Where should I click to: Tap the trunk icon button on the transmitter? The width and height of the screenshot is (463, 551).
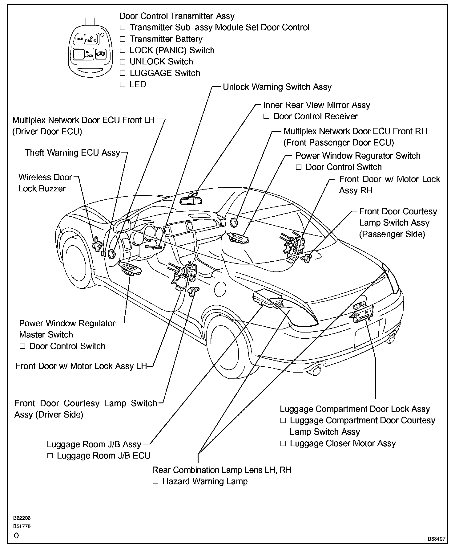(x=100, y=54)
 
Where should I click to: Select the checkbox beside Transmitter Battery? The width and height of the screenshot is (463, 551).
(x=123, y=39)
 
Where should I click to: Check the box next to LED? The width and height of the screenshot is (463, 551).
(x=123, y=85)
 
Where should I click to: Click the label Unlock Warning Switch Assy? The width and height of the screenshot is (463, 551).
(x=277, y=87)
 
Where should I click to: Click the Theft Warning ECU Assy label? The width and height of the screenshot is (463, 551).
(x=72, y=153)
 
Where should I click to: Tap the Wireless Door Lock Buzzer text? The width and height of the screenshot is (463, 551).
(x=45, y=183)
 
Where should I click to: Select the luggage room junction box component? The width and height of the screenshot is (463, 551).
(x=267, y=299)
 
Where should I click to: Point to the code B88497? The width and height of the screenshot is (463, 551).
(x=436, y=539)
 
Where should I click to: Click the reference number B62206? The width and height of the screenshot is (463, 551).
(x=22, y=518)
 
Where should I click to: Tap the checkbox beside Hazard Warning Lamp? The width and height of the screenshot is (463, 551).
(x=155, y=482)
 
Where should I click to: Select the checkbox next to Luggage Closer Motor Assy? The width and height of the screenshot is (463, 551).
(x=283, y=444)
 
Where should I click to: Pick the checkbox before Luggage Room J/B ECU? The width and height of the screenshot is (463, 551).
(x=50, y=456)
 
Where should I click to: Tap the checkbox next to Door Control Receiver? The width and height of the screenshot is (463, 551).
(x=267, y=116)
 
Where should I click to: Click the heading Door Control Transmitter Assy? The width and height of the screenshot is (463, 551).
(x=177, y=16)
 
